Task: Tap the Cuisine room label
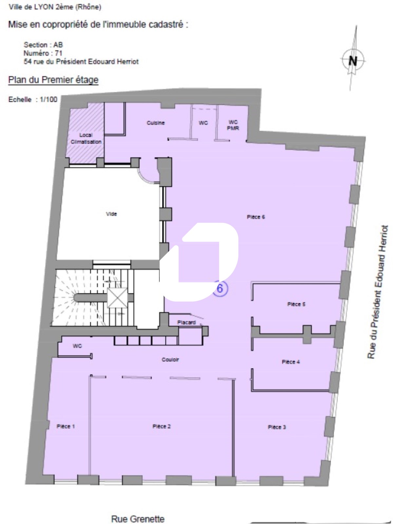pyautogui.click(x=156, y=123)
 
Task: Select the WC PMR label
pyautogui.click(x=233, y=125)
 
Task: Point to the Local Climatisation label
pyautogui.click(x=86, y=139)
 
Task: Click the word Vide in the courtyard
pyautogui.click(x=111, y=214)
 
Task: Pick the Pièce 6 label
pyautogui.click(x=256, y=217)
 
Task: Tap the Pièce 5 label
pyautogui.click(x=296, y=304)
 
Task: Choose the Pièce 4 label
pyautogui.click(x=291, y=362)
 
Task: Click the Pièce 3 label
pyautogui.click(x=277, y=427)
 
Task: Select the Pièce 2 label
pyautogui.click(x=161, y=426)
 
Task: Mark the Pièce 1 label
pyautogui.click(x=66, y=426)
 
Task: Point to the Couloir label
pyautogui.click(x=170, y=360)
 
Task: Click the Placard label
pyautogui.click(x=186, y=322)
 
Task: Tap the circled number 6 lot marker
pyautogui.click(x=220, y=289)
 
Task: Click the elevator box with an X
pyautogui.click(x=117, y=298)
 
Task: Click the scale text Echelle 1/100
pyautogui.click(x=33, y=99)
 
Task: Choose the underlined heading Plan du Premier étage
pyautogui.click(x=53, y=80)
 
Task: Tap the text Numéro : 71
pyautogui.click(x=43, y=53)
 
